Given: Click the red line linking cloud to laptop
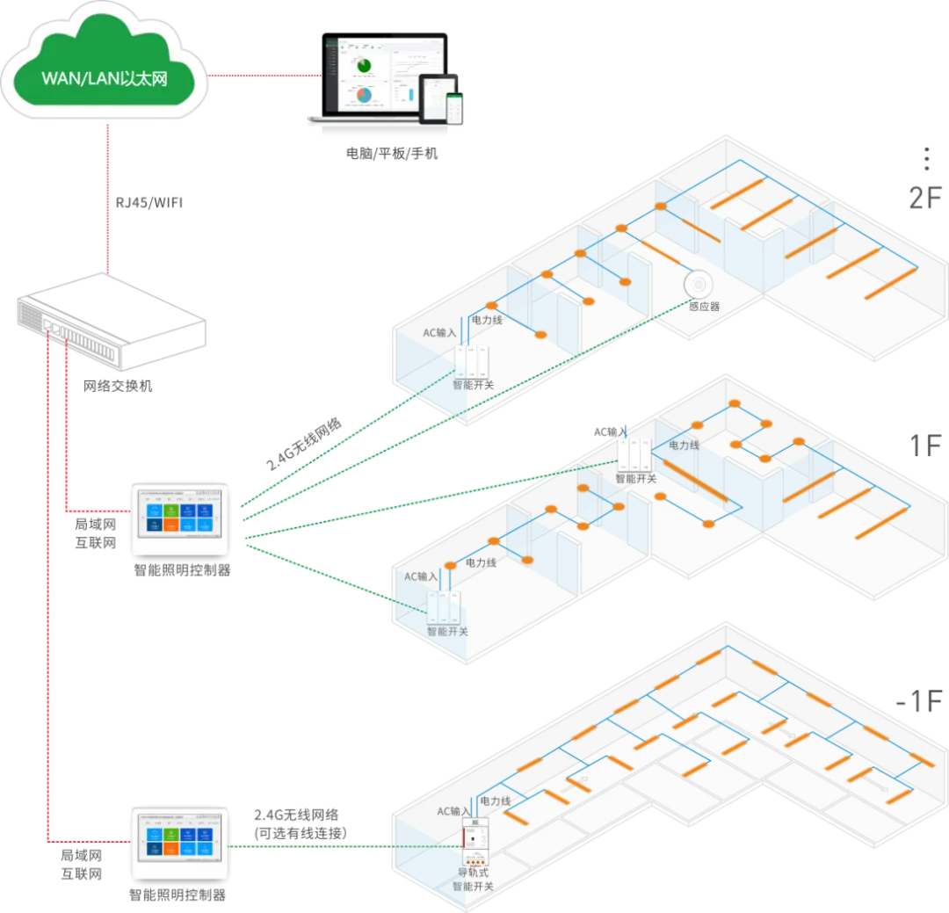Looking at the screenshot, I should tap(264, 76).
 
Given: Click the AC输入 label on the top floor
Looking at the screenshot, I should tap(439, 334).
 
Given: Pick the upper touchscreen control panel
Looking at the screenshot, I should tap(179, 518).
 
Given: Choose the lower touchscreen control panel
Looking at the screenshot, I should tap(179, 844).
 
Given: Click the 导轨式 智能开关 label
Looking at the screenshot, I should tap(473, 880).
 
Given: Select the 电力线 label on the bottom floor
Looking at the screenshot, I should tap(496, 801).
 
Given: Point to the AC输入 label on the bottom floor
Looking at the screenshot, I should tap(453, 811).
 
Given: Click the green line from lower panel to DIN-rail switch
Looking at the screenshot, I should tap(308, 847).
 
